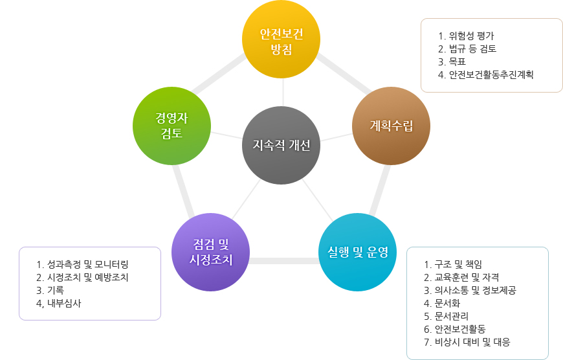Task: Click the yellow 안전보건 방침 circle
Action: point(281,39)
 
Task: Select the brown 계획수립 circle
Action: point(391,126)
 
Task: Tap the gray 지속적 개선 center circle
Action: point(281,145)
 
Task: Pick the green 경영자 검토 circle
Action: point(171,126)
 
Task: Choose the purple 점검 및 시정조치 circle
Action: point(211,253)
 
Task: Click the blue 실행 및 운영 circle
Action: point(358,253)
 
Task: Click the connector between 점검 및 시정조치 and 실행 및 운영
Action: point(284,261)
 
